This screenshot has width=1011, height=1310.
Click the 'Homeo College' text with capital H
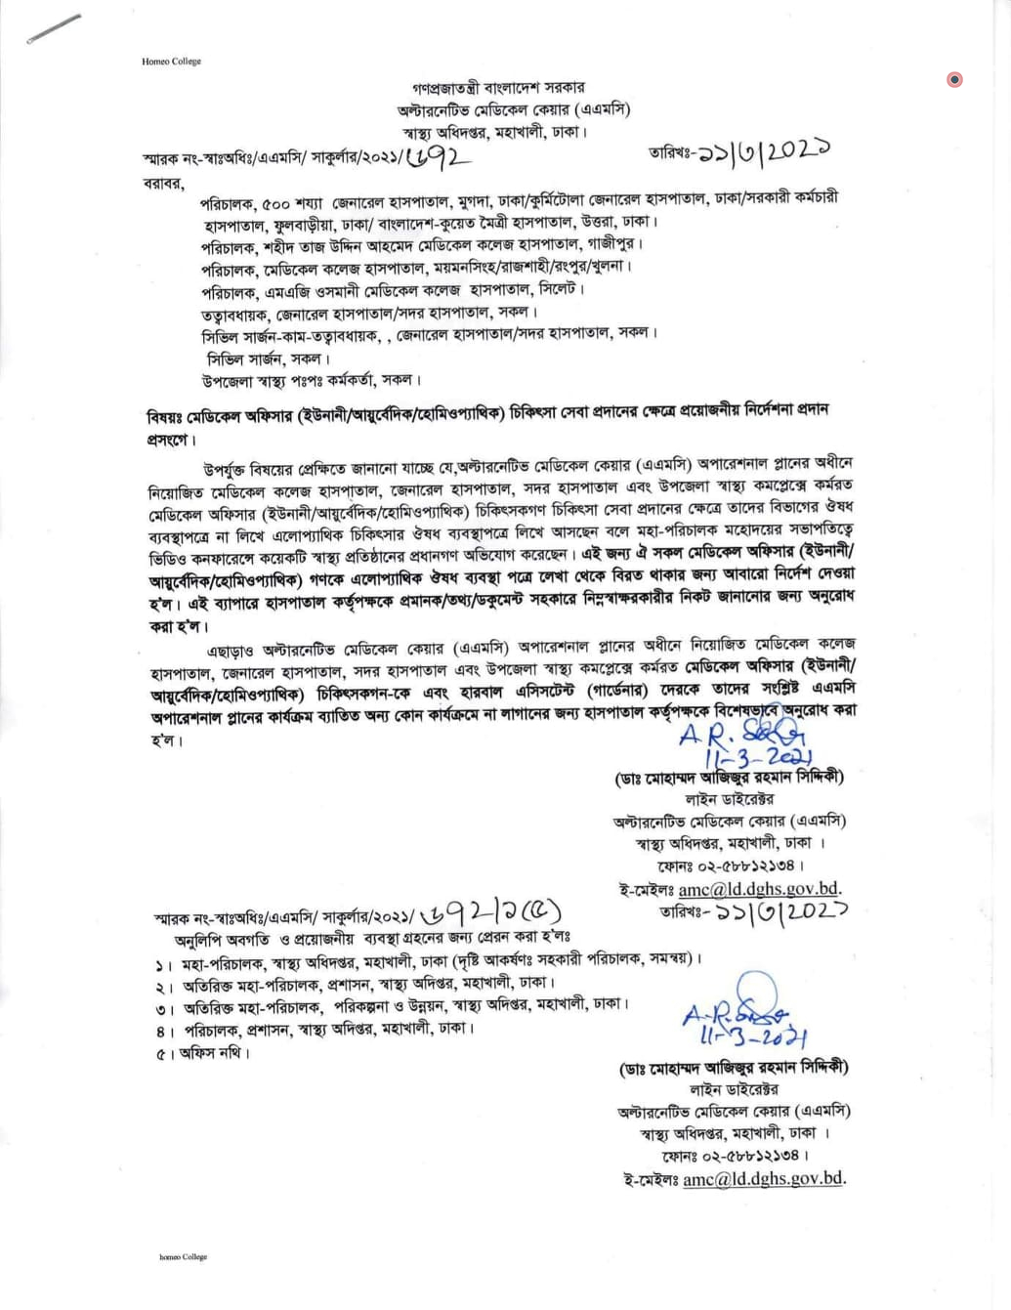(171, 62)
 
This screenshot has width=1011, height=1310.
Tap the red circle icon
(954, 79)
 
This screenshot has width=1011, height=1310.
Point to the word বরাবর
(163, 183)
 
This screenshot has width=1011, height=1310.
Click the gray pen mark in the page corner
(55, 27)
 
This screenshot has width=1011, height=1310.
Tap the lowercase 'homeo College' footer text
(184, 1257)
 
